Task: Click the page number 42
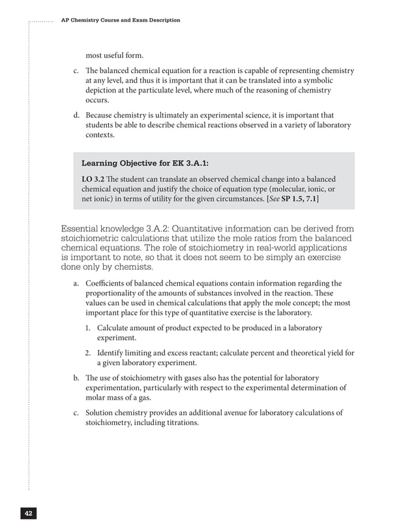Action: coord(28,513)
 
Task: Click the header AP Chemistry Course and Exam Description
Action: coord(120,20)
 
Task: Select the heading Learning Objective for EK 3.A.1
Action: coord(144,163)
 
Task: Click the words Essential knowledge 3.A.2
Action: coord(120,229)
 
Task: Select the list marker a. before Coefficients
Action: coord(76,284)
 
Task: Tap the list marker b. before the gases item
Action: coord(76,378)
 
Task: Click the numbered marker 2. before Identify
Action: coord(89,353)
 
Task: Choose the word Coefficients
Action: coord(108,284)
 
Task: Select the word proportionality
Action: coord(121,294)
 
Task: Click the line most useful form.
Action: coord(115,54)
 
